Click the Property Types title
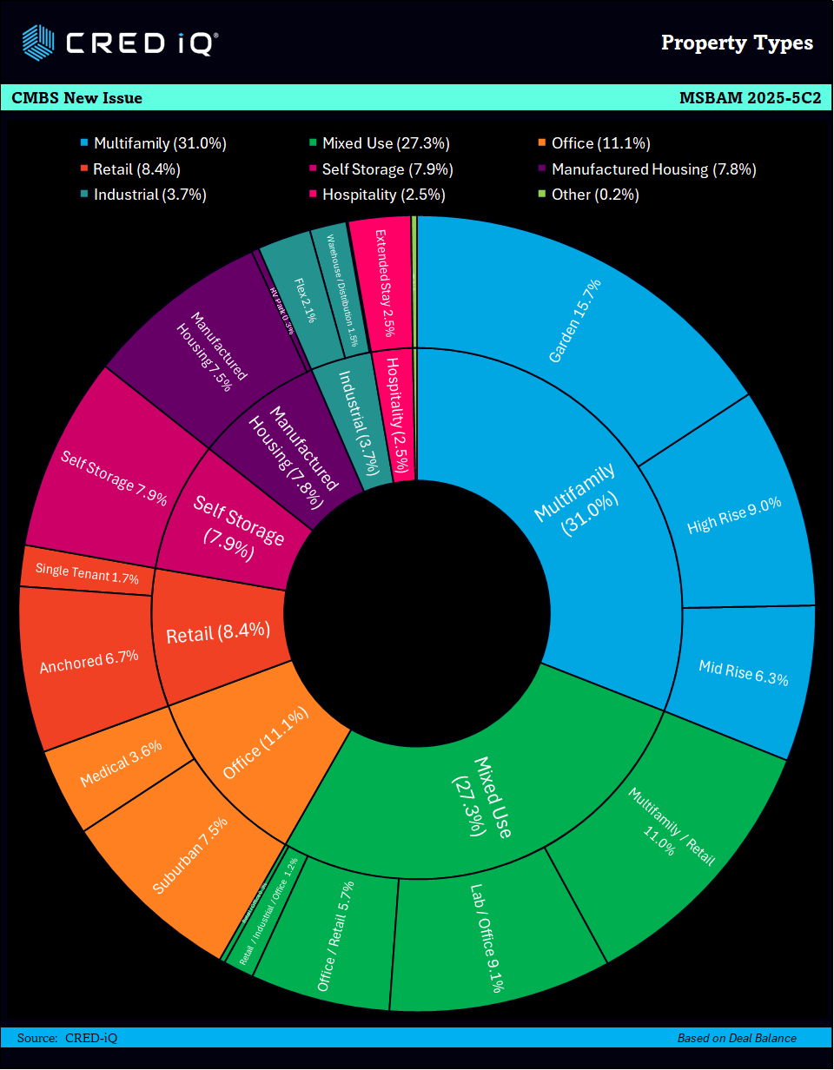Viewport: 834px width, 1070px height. click(737, 43)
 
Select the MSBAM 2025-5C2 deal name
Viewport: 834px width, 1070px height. click(750, 98)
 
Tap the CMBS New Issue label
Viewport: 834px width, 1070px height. click(77, 98)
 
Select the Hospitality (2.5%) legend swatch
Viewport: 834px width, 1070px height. click(313, 195)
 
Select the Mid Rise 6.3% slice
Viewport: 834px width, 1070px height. click(744, 673)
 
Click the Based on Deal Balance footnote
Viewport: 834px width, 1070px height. click(737, 1038)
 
